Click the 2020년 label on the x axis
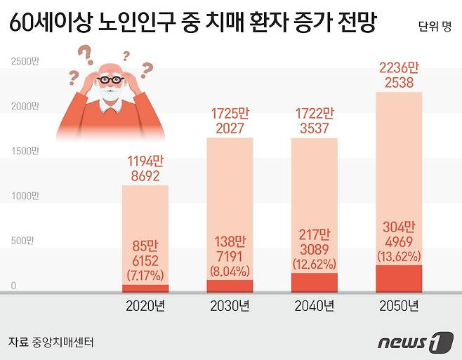coord(145,307)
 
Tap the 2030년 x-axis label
coord(229,307)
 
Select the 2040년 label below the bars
coord(313,307)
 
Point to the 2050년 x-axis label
coord(398,307)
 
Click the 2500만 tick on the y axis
coord(26,61)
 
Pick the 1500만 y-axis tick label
coord(26,151)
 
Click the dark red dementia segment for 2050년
coord(398,279)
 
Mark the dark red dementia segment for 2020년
coord(145,288)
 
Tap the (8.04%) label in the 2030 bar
coord(229,268)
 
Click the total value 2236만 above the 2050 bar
coord(399,69)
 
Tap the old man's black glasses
coord(110,80)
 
